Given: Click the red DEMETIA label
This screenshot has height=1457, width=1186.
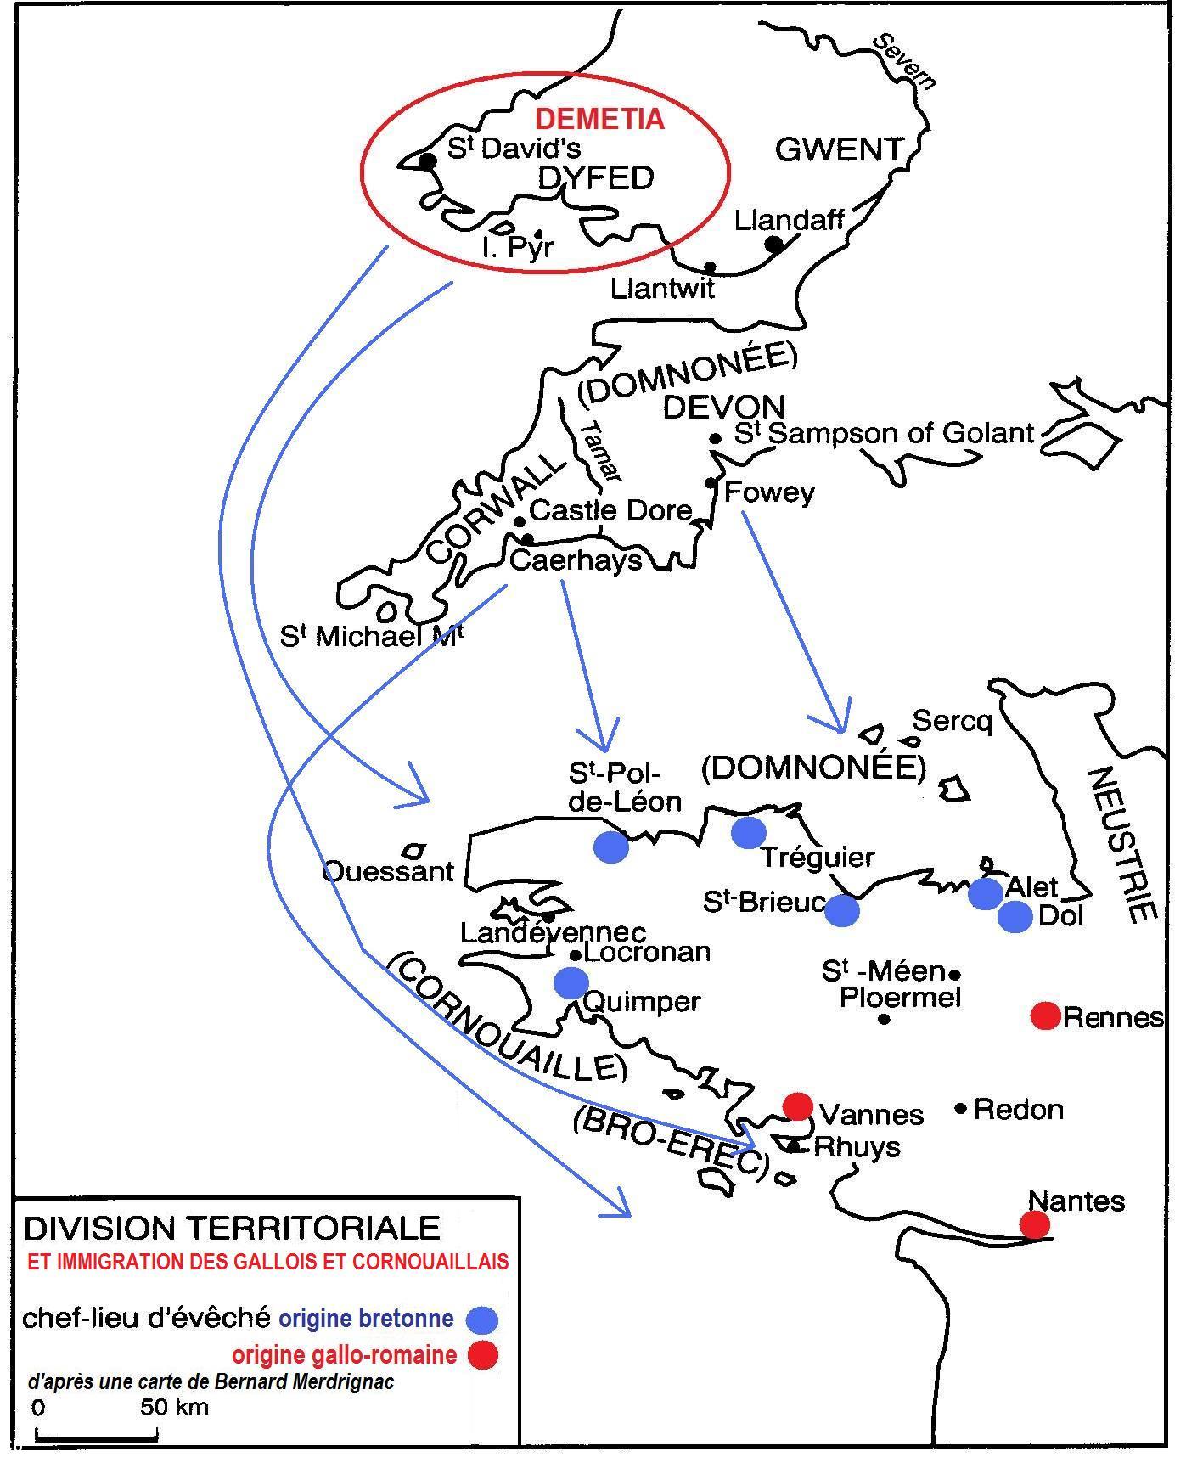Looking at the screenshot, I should coord(599,119).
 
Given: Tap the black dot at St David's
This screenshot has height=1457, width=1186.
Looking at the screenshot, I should coord(428,160).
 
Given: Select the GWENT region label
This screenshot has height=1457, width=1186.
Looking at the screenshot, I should coord(839,150).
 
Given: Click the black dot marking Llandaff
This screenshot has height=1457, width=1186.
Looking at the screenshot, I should coord(774,245).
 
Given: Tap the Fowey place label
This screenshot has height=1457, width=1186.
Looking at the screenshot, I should coord(769,492).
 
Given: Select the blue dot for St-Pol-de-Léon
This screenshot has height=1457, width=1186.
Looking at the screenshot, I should coord(611,847).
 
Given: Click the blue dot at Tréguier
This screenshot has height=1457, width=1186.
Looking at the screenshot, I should coord(748,832).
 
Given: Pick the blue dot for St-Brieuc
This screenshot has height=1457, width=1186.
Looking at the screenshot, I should coord(842,910).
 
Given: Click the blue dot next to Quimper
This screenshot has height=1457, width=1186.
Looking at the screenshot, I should coord(571,982).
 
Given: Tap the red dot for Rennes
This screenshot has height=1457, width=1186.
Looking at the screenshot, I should coord(1045,1015).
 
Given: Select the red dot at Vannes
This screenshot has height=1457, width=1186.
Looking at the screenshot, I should coord(797,1106).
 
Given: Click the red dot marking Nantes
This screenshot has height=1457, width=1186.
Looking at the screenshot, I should coord(1034,1224).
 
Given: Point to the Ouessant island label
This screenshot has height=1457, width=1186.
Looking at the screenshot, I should coord(389,871).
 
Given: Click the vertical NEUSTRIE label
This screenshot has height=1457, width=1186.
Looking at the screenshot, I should coord(1121,845).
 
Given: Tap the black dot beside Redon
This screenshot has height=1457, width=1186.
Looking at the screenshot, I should coord(961,1107).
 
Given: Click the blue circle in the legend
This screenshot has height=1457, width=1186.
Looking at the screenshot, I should coord(483,1319).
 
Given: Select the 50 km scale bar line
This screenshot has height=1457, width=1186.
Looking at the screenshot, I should coord(96,1437).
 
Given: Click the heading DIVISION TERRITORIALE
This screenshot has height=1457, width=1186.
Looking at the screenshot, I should coord(232,1228).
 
